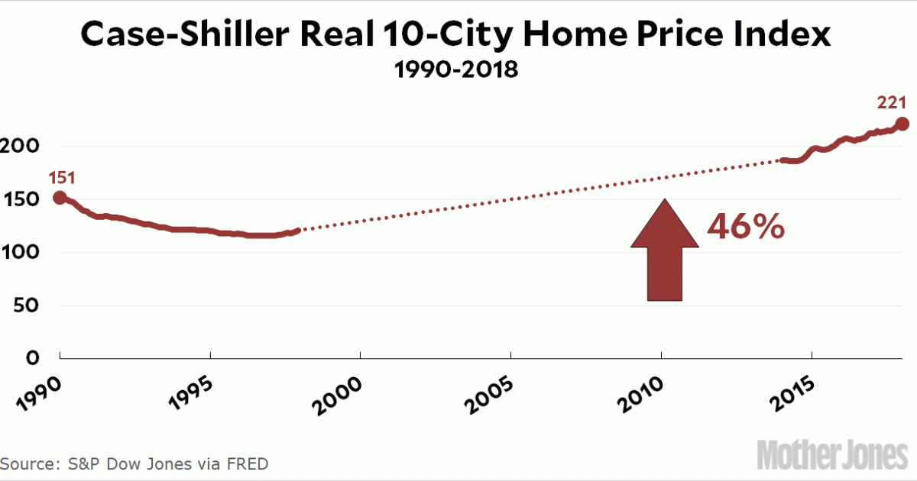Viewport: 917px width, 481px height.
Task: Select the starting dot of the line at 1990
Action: (x=60, y=198)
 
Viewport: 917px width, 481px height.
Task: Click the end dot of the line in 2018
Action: (x=902, y=124)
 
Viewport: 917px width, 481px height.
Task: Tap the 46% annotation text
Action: (x=745, y=227)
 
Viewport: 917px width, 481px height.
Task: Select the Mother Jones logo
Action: (x=834, y=455)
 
